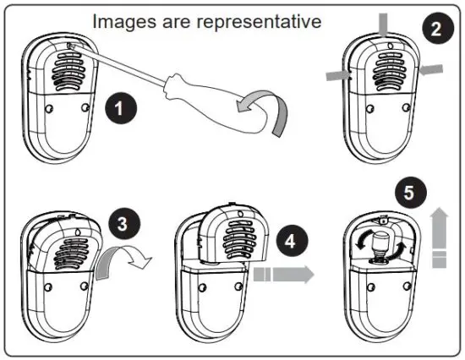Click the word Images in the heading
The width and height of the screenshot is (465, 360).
(120, 20)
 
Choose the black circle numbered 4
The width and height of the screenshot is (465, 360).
(291, 240)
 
